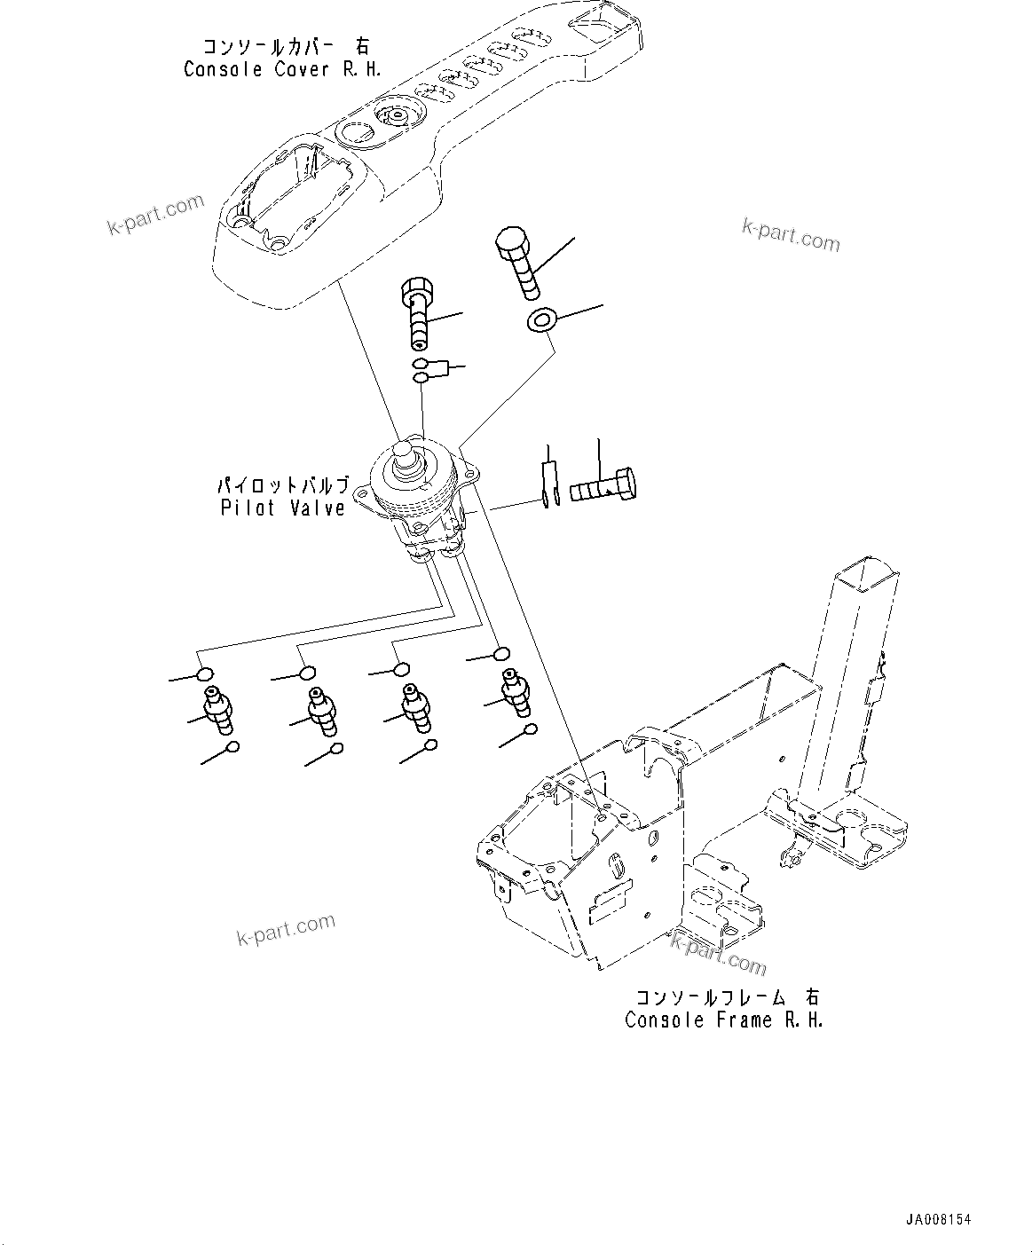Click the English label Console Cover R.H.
(x=282, y=70)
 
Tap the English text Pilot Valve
(x=282, y=508)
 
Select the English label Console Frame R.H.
(x=724, y=1020)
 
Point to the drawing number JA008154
(x=939, y=1220)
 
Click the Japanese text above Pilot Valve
(x=282, y=486)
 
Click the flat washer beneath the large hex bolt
(x=539, y=320)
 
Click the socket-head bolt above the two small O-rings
(x=420, y=311)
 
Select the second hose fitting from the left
(x=322, y=710)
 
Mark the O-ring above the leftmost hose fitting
(x=205, y=673)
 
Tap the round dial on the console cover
(x=394, y=116)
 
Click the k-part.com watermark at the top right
(x=790, y=235)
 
